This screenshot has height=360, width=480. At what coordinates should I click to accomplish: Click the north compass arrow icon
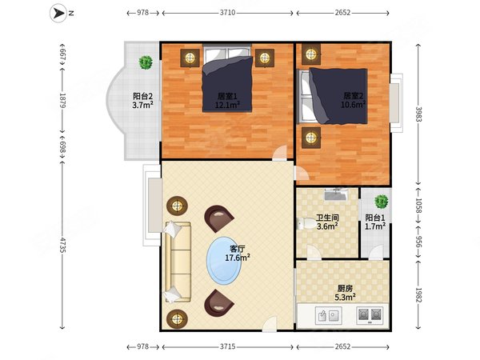58,13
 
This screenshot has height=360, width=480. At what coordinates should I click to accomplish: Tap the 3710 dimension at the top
227,13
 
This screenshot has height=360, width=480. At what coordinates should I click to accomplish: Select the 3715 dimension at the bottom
227,346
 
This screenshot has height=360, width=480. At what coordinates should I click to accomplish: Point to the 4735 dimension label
62,245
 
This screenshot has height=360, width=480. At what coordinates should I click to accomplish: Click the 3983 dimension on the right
418,114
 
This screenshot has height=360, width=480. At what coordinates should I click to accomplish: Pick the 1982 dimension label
418,294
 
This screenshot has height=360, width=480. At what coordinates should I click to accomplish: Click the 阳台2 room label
142,97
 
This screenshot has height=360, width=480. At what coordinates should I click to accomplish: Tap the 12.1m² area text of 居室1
227,106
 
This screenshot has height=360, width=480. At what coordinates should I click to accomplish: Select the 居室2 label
354,96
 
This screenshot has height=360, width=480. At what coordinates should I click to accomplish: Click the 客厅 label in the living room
238,249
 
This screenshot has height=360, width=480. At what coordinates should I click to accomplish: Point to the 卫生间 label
327,218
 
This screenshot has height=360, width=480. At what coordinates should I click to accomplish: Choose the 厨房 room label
345,288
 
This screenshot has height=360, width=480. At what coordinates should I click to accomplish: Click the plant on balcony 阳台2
146,62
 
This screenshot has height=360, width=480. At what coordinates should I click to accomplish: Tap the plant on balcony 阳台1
381,202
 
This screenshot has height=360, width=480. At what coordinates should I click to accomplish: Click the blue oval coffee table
224,261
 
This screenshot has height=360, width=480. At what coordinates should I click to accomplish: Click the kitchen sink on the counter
329,316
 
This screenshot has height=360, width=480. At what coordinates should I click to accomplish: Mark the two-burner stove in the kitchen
370,316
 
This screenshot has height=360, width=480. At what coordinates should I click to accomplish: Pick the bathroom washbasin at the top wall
335,194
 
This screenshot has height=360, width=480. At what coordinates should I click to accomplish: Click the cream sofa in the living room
178,262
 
